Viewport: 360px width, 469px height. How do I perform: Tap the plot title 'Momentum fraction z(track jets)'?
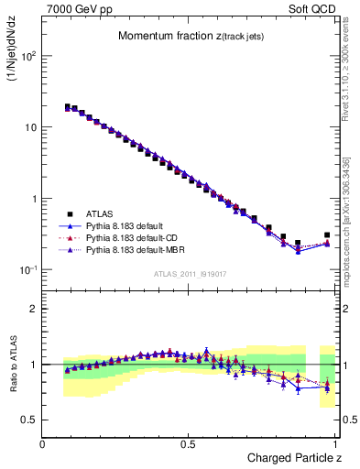[191, 36]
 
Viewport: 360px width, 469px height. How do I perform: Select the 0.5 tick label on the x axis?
[189, 444]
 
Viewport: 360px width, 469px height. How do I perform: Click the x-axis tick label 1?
[336, 444]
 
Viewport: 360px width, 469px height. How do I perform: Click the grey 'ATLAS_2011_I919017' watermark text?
[190, 274]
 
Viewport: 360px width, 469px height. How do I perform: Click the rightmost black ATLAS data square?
[327, 234]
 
